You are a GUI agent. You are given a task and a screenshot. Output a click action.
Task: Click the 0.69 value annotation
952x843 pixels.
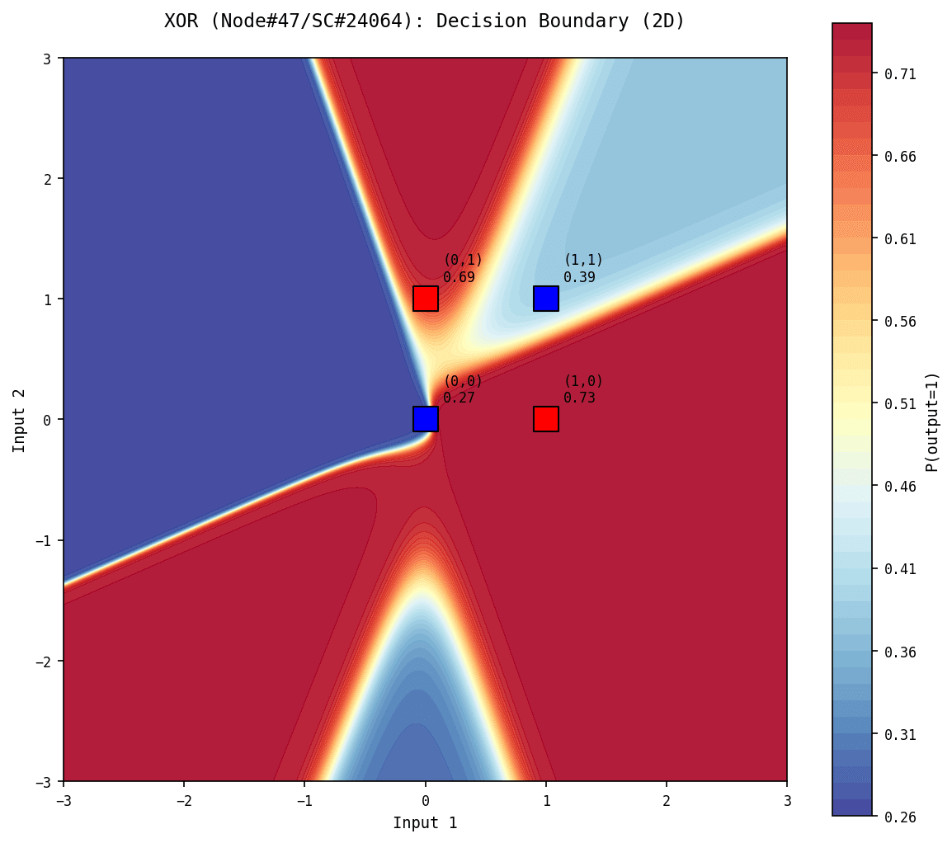pos(459,277)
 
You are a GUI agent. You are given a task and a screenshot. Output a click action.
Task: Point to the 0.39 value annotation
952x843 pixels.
pos(579,277)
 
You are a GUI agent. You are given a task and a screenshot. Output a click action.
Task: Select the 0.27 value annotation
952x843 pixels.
pos(459,398)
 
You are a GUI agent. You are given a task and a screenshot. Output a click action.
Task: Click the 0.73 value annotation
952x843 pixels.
pos(579,398)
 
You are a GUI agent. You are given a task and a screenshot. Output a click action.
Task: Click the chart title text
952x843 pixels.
pos(424,21)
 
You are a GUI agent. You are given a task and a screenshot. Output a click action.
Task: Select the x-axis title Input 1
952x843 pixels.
pos(425,822)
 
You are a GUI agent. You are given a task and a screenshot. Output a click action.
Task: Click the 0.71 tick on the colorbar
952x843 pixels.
pos(900,73)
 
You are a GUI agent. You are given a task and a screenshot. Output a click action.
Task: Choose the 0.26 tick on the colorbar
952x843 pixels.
pos(900,817)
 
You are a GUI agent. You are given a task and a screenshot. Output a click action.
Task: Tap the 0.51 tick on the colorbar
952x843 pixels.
pos(900,404)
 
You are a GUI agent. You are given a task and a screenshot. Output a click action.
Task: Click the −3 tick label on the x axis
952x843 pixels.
pos(64,800)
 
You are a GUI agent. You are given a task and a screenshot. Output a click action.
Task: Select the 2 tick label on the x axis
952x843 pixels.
pos(667,800)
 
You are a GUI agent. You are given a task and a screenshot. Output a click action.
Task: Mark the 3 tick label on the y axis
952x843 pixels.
pos(48,58)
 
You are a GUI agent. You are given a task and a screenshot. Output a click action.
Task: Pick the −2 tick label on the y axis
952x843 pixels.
pos(45,662)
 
